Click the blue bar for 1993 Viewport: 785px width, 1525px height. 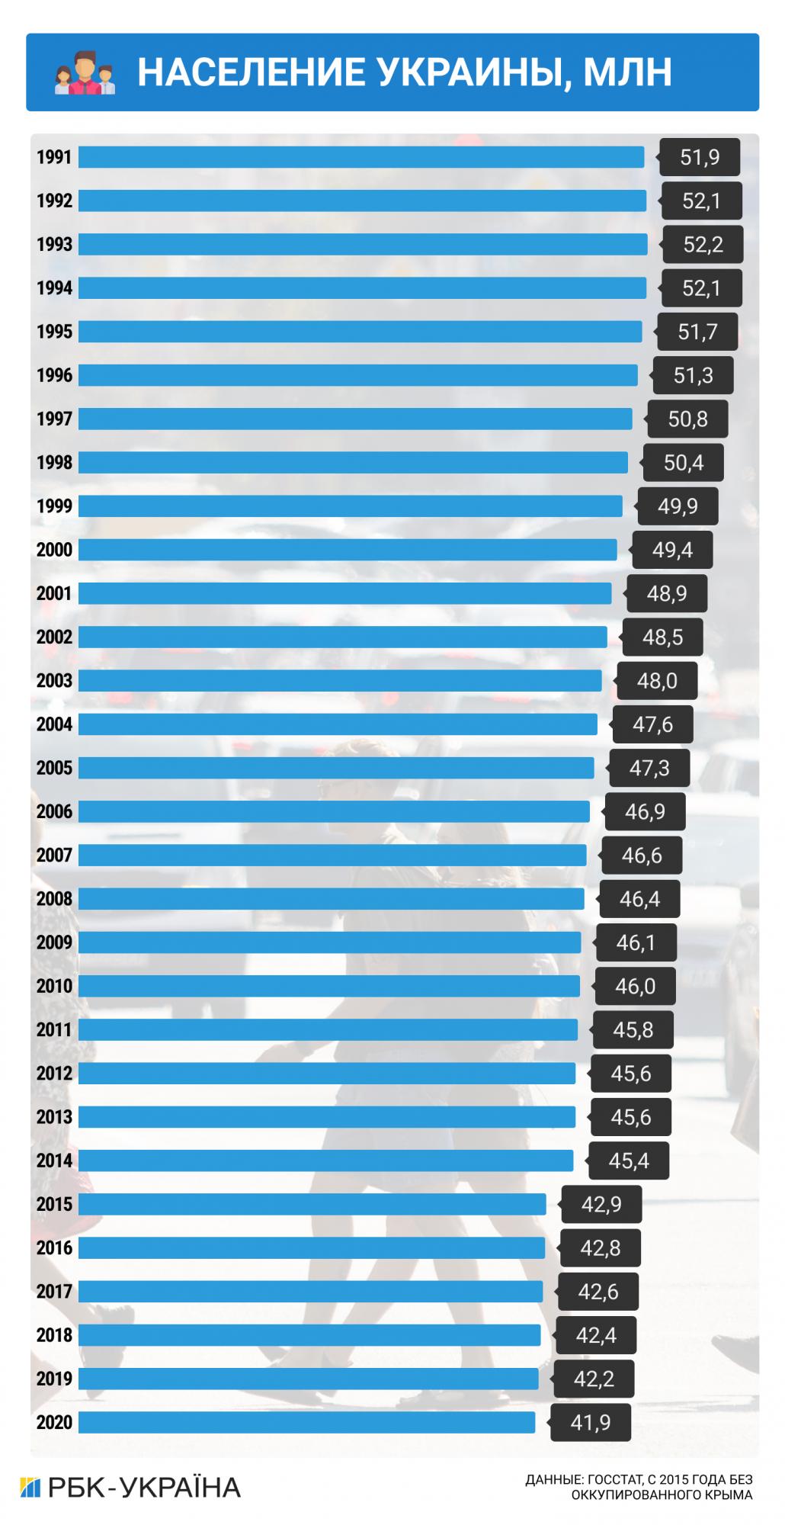click(363, 244)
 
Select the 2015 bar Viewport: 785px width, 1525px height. click(312, 1204)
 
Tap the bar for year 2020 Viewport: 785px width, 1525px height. click(307, 1422)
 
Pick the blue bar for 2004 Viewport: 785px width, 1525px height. click(338, 724)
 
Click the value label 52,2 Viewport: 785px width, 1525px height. click(703, 245)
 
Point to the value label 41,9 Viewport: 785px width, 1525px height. click(591, 1423)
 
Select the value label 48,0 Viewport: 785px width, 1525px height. click(657, 681)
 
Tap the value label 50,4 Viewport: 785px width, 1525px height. click(684, 463)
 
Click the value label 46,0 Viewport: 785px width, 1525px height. click(635, 987)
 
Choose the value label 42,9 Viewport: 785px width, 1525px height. click(601, 1205)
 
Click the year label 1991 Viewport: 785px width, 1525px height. click(54, 157)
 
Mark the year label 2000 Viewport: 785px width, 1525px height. click(54, 550)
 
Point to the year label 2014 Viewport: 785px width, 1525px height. click(54, 1161)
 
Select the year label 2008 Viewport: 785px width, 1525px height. click(54, 899)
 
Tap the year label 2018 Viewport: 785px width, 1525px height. click(54, 1335)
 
